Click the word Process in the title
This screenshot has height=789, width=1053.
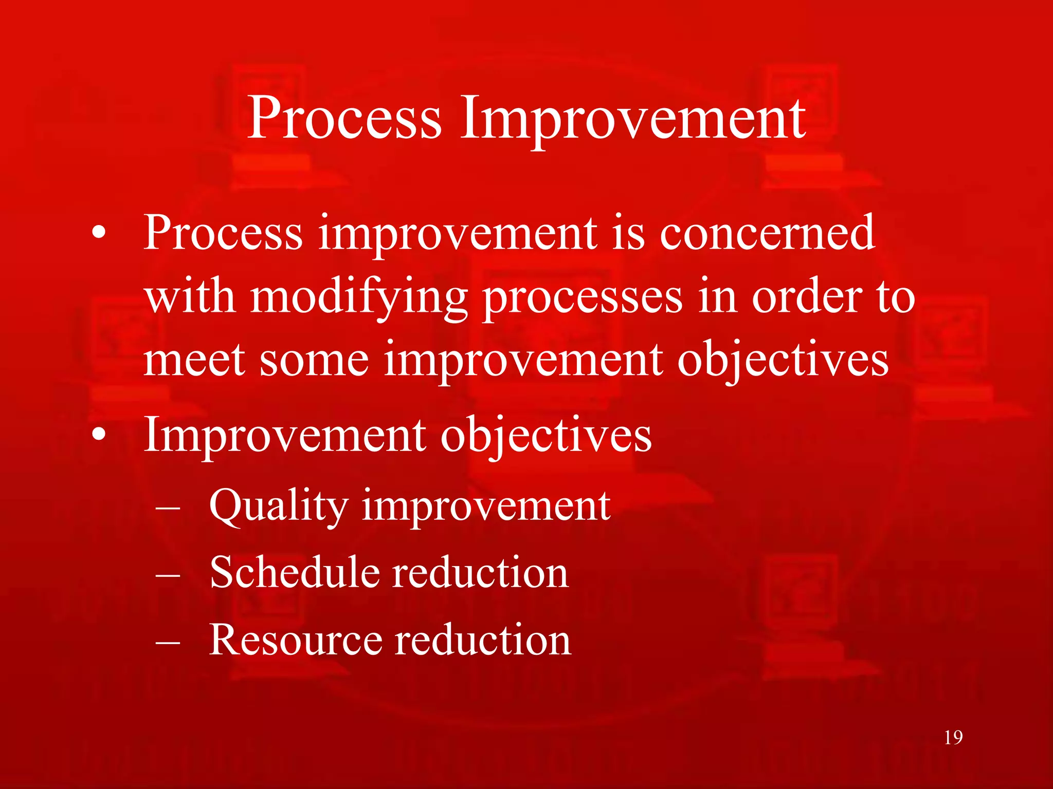pyautogui.click(x=344, y=119)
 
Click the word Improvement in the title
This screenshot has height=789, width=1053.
pyautogui.click(x=632, y=119)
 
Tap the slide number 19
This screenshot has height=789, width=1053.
pyautogui.click(x=953, y=738)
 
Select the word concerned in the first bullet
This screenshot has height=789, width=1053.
pyautogui.click(x=767, y=234)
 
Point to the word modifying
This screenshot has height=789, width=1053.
pyautogui.click(x=358, y=298)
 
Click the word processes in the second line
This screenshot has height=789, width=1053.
pyautogui.click(x=584, y=298)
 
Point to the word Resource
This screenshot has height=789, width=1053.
pyautogui.click(x=295, y=640)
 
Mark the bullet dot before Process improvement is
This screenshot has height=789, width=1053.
pyautogui.click(x=99, y=234)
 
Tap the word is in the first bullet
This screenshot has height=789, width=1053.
pyautogui.click(x=628, y=234)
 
